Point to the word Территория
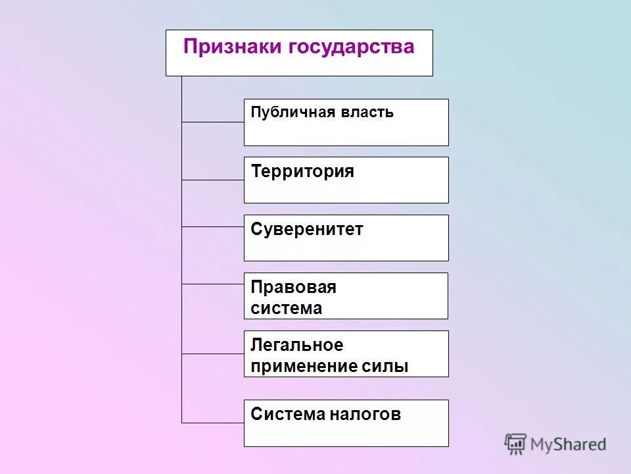pos(302,172)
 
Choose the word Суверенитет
pos(307,230)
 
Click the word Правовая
pos(293,287)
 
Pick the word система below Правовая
pos(287,309)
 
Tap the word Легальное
pos(297,345)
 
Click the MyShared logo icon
pos(516,444)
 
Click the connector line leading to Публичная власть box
pos(213,122)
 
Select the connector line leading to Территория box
pos(213,180)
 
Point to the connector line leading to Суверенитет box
pos(213,226)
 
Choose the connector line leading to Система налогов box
pos(213,422)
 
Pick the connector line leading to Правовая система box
pos(213,284)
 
